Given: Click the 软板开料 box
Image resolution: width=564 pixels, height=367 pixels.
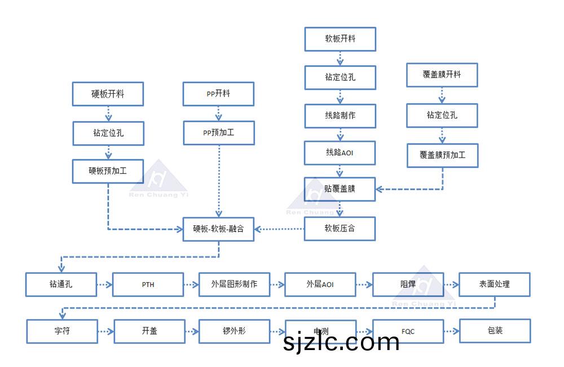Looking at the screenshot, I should (340, 40).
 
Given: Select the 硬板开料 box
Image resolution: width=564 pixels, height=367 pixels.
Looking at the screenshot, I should (108, 94).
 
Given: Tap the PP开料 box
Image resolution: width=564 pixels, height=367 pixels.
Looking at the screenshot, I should (218, 94).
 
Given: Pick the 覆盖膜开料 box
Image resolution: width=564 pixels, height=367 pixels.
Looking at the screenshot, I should (442, 75).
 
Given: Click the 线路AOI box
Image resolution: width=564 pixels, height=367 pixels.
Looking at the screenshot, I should (340, 152).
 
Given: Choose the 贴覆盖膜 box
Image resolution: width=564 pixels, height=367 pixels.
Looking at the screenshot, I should (340, 189).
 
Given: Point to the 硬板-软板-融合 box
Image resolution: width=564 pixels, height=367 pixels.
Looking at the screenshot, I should (218, 229).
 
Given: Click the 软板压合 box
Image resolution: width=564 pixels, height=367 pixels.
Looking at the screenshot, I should (340, 229).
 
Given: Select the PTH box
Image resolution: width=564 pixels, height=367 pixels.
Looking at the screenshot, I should (148, 285).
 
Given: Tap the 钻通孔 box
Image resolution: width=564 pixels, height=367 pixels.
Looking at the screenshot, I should (61, 285).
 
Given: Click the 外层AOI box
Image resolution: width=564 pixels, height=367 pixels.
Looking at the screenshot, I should (320, 285).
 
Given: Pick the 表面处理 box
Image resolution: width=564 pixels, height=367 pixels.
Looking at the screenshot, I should (495, 285).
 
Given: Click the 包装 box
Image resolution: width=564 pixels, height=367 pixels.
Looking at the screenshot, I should (495, 331).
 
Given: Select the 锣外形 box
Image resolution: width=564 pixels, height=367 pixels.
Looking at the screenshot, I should (234, 331).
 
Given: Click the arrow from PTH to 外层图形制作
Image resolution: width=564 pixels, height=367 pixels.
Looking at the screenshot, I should (191, 285).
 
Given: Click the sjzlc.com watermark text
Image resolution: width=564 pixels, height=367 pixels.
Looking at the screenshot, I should (342, 342).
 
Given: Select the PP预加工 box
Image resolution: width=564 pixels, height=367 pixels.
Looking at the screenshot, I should (218, 133).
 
